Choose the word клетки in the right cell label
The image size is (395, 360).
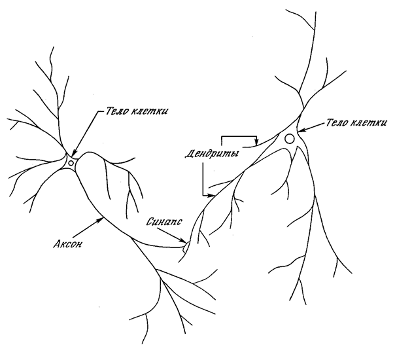coord(370,124)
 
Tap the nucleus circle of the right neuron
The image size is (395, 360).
coord(289,139)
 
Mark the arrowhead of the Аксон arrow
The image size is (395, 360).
coord(99,219)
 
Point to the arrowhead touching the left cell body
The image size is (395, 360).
coord(74,153)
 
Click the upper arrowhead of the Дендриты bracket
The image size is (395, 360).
coord(258,143)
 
